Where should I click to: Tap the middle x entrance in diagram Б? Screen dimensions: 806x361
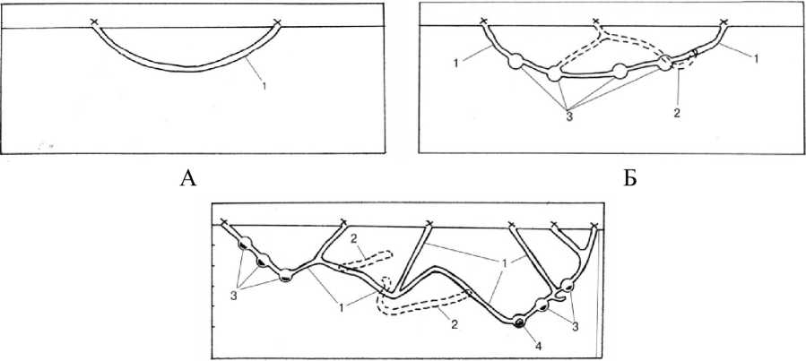coord(597,21)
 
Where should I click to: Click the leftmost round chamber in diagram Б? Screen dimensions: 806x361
coord(516,63)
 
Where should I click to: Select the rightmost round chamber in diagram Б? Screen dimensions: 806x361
coord(665,62)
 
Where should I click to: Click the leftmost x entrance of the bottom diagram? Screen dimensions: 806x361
coord(224,223)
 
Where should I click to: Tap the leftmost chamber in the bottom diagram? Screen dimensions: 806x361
coord(243,243)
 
